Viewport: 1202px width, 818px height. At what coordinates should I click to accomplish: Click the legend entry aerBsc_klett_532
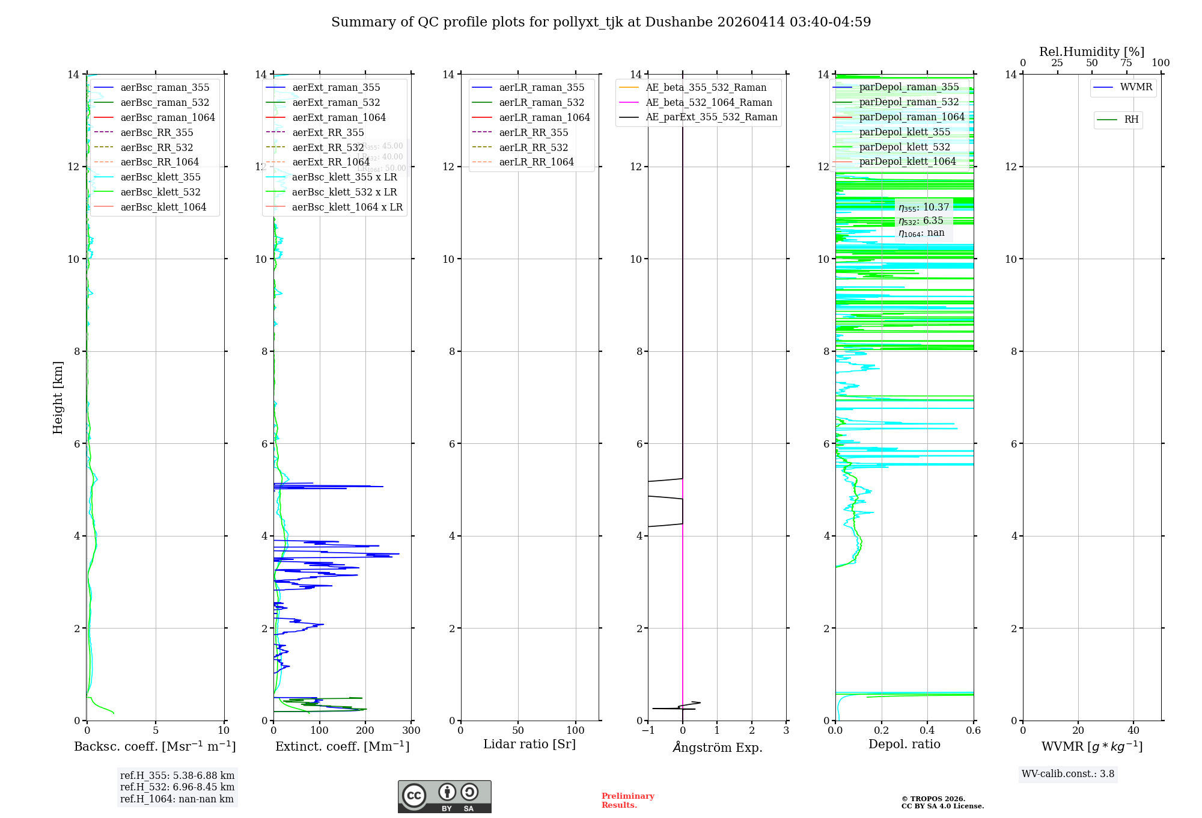pos(160,192)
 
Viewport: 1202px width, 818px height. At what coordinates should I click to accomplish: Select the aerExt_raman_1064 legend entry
pos(339,117)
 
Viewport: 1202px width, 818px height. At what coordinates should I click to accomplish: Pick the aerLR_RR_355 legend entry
pos(533,132)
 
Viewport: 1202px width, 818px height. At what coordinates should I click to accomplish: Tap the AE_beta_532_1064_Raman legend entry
pos(709,102)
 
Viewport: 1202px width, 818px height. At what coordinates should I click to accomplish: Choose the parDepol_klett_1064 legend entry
pos(907,161)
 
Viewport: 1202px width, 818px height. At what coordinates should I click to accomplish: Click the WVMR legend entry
pos(1136,87)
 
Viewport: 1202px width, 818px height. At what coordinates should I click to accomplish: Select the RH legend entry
pos(1131,120)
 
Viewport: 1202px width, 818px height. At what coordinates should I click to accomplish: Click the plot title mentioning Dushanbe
pos(601,22)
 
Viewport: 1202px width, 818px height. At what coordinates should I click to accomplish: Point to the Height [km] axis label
pos(58,397)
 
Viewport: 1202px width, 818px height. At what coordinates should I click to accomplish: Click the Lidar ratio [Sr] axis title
pos(529,744)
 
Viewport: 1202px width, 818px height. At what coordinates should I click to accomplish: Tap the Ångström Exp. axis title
pos(717,747)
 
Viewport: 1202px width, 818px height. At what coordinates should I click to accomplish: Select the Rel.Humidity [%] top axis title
pos(1091,52)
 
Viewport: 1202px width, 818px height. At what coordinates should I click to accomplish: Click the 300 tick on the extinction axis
pos(412,730)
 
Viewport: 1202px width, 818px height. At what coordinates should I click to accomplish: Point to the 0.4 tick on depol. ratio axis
pos(927,730)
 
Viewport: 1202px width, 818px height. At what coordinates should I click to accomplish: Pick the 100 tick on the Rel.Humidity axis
pos(1161,63)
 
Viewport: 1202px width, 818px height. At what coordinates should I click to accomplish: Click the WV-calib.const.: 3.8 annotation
pos(1068,774)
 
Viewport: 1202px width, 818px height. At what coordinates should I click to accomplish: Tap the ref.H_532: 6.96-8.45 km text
pos(177,787)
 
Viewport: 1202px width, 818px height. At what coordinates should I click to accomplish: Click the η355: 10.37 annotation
pos(924,208)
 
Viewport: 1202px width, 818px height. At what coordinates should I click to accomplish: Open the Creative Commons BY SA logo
pos(444,796)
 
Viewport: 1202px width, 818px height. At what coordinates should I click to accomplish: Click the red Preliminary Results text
pos(627,800)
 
